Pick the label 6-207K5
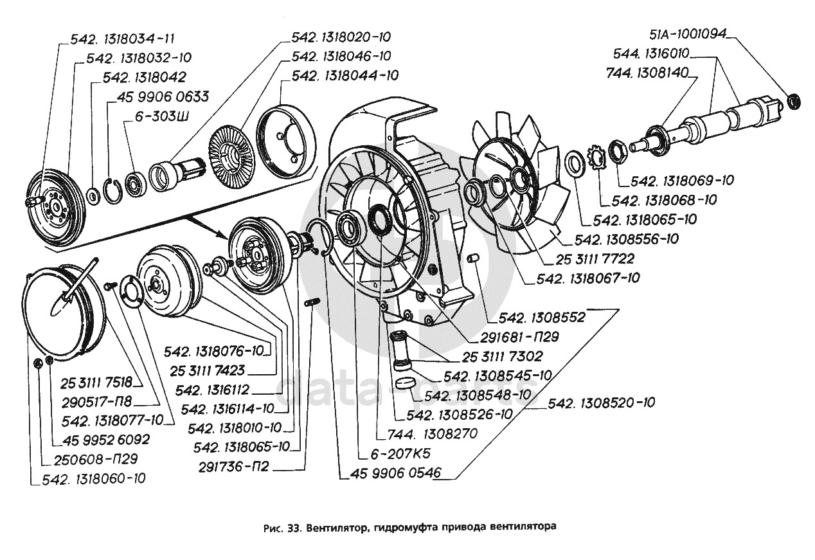point(391,453)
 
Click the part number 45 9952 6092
point(106,440)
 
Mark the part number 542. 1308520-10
point(602,403)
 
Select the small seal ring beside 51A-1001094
point(794,100)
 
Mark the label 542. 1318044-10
point(345,76)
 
